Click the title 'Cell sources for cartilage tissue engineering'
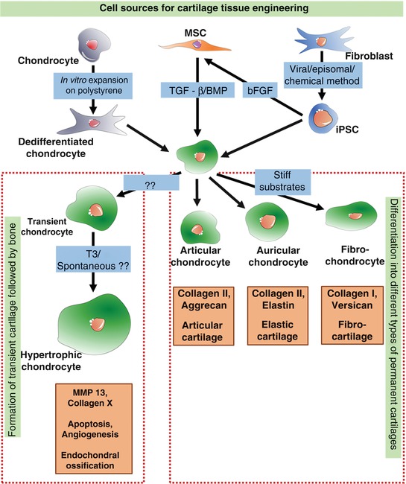[203, 9]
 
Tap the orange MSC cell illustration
[189, 45]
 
